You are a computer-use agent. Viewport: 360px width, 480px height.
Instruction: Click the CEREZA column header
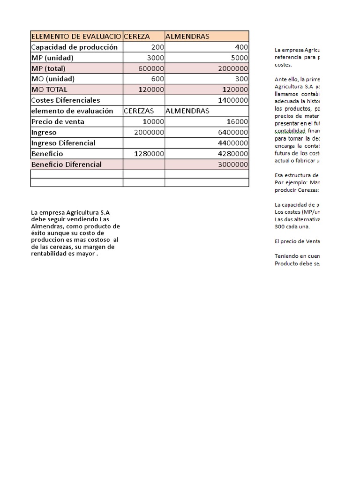(x=137, y=37)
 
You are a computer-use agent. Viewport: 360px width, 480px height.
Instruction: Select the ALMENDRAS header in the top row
(x=187, y=37)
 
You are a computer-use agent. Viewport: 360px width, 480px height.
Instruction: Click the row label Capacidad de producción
(x=74, y=47)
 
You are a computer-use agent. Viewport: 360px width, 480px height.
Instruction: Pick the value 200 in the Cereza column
(x=157, y=47)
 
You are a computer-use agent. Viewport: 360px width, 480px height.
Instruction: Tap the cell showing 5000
(x=239, y=58)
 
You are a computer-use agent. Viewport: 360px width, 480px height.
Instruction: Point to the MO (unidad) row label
(x=52, y=79)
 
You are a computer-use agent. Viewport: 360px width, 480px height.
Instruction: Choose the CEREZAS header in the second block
(x=139, y=111)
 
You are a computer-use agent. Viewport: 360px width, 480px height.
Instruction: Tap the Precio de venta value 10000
(x=153, y=122)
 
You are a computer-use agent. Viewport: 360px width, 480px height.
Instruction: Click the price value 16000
(x=235, y=122)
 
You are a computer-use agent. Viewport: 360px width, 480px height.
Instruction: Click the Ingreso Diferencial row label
(x=63, y=143)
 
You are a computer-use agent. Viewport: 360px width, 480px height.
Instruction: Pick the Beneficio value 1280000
(x=149, y=154)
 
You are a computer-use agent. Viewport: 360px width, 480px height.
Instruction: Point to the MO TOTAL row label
(x=49, y=90)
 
